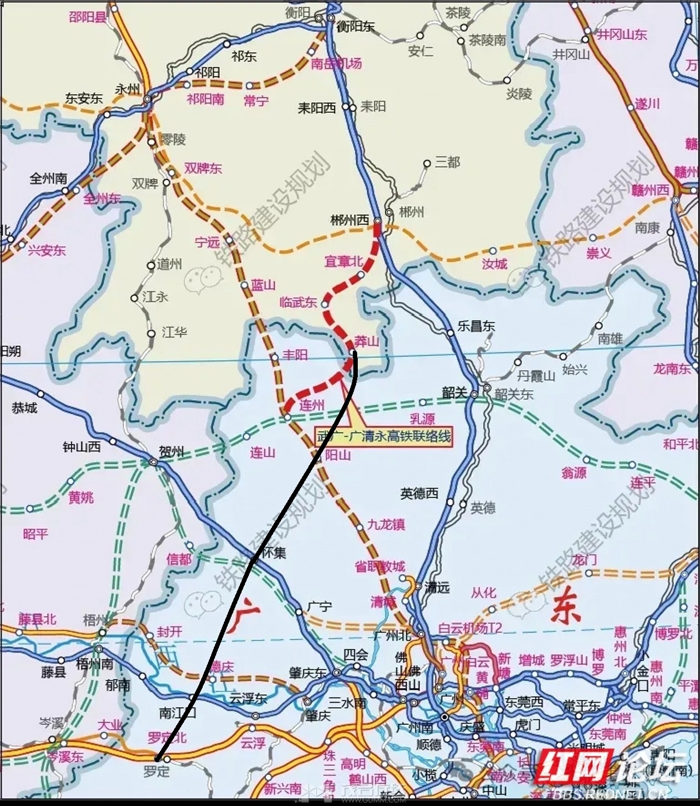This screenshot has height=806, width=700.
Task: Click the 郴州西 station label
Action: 349,221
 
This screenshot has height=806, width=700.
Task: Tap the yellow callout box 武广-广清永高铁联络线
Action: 383,436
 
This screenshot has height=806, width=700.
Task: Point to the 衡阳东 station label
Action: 356,26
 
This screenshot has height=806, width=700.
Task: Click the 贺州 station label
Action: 171,451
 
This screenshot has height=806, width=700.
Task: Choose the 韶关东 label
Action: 514,395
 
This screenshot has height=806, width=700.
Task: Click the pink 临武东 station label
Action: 298,302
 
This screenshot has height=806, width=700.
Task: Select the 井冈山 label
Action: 571,54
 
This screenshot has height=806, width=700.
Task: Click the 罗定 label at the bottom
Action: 156,772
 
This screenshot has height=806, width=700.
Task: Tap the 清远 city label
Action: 437,588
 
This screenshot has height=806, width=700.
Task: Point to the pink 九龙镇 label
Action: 386,524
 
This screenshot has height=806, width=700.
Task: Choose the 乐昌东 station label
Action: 476,326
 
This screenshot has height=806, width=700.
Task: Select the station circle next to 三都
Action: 427,164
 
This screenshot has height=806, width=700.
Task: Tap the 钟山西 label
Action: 81,446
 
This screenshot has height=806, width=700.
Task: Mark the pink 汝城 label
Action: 494,264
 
